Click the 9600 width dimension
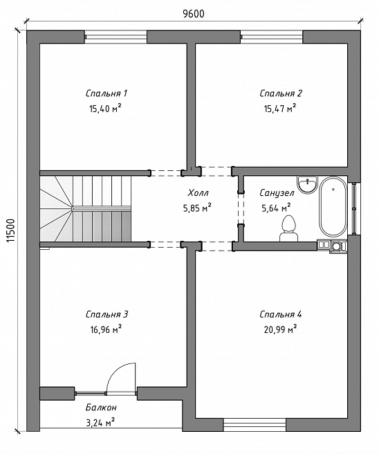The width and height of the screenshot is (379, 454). pyautogui.click(x=193, y=14)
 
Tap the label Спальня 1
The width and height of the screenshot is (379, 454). pyautogui.click(x=107, y=93)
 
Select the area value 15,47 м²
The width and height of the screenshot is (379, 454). pyautogui.click(x=280, y=108)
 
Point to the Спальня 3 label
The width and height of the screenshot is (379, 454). pyautogui.click(x=107, y=314)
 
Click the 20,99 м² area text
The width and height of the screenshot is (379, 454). pyautogui.click(x=280, y=329)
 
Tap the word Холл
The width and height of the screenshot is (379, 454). pyautogui.click(x=198, y=192)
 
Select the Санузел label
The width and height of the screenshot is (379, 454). pyautogui.click(x=277, y=193)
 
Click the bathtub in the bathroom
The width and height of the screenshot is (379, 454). pyautogui.click(x=333, y=207)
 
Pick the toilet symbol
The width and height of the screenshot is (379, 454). pyautogui.click(x=288, y=228)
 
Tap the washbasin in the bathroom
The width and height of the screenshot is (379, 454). pyautogui.click(x=307, y=184)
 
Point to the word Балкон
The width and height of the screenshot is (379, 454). pyautogui.click(x=101, y=408)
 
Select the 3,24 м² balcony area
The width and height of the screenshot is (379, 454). pyautogui.click(x=100, y=423)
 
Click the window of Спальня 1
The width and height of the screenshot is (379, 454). pyautogui.click(x=115, y=37)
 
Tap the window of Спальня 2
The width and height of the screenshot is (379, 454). pyautogui.click(x=272, y=37)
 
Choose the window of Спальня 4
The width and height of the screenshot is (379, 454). pyautogui.click(x=255, y=424)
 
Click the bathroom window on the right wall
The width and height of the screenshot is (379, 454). pyautogui.click(x=355, y=208)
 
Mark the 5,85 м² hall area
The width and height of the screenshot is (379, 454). pyautogui.click(x=196, y=208)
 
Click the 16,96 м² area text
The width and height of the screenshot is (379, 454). pyautogui.click(x=106, y=329)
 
